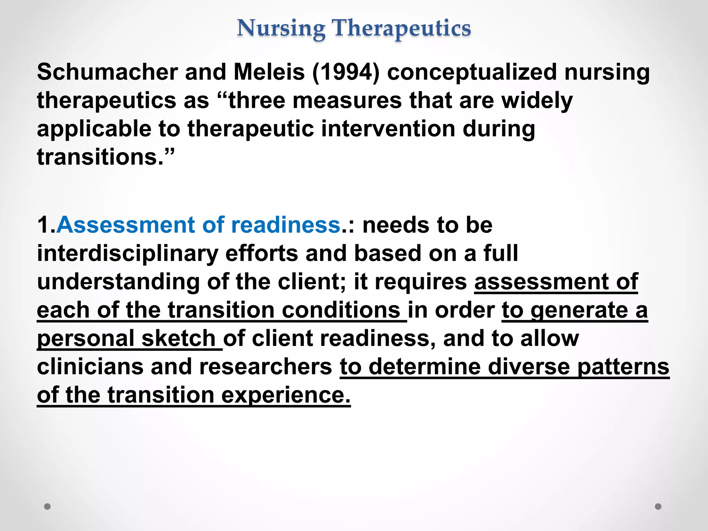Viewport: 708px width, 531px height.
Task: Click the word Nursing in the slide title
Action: pyautogui.click(x=281, y=28)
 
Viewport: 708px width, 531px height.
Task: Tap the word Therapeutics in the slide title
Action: pyautogui.click(x=401, y=28)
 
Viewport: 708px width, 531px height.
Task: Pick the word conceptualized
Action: pyautogui.click(x=472, y=73)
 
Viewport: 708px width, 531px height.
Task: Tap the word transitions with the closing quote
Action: pyautogui.click(x=105, y=157)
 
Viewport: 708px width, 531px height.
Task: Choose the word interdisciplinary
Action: pyautogui.click(x=128, y=254)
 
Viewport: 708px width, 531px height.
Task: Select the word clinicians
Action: pyautogui.click(x=90, y=366)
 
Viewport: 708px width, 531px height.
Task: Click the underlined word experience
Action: pyautogui.click(x=286, y=395)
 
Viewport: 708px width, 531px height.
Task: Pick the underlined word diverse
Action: pyautogui.click(x=529, y=366)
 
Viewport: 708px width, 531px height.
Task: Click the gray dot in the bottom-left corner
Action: pyautogui.click(x=47, y=506)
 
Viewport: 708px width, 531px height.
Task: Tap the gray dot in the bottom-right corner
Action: pyautogui.click(x=658, y=506)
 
